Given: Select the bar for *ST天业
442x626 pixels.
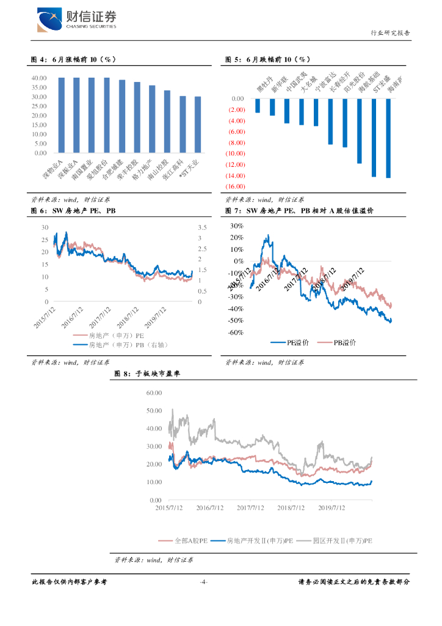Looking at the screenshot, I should tap(198, 125).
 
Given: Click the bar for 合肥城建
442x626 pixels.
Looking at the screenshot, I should tap(122, 116).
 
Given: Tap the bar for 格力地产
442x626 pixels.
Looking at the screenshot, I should tap(152, 119).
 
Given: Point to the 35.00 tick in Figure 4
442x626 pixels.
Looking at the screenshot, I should tap(39, 87).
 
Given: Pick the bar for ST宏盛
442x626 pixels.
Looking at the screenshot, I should tap(374, 138).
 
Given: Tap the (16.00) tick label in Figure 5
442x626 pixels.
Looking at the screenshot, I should tap(235, 186).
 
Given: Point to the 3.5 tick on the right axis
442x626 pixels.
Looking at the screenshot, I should tap(203, 227).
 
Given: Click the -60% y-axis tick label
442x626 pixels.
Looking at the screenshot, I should tap(235, 333).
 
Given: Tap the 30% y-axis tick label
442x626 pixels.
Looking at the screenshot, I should tap(236, 226).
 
